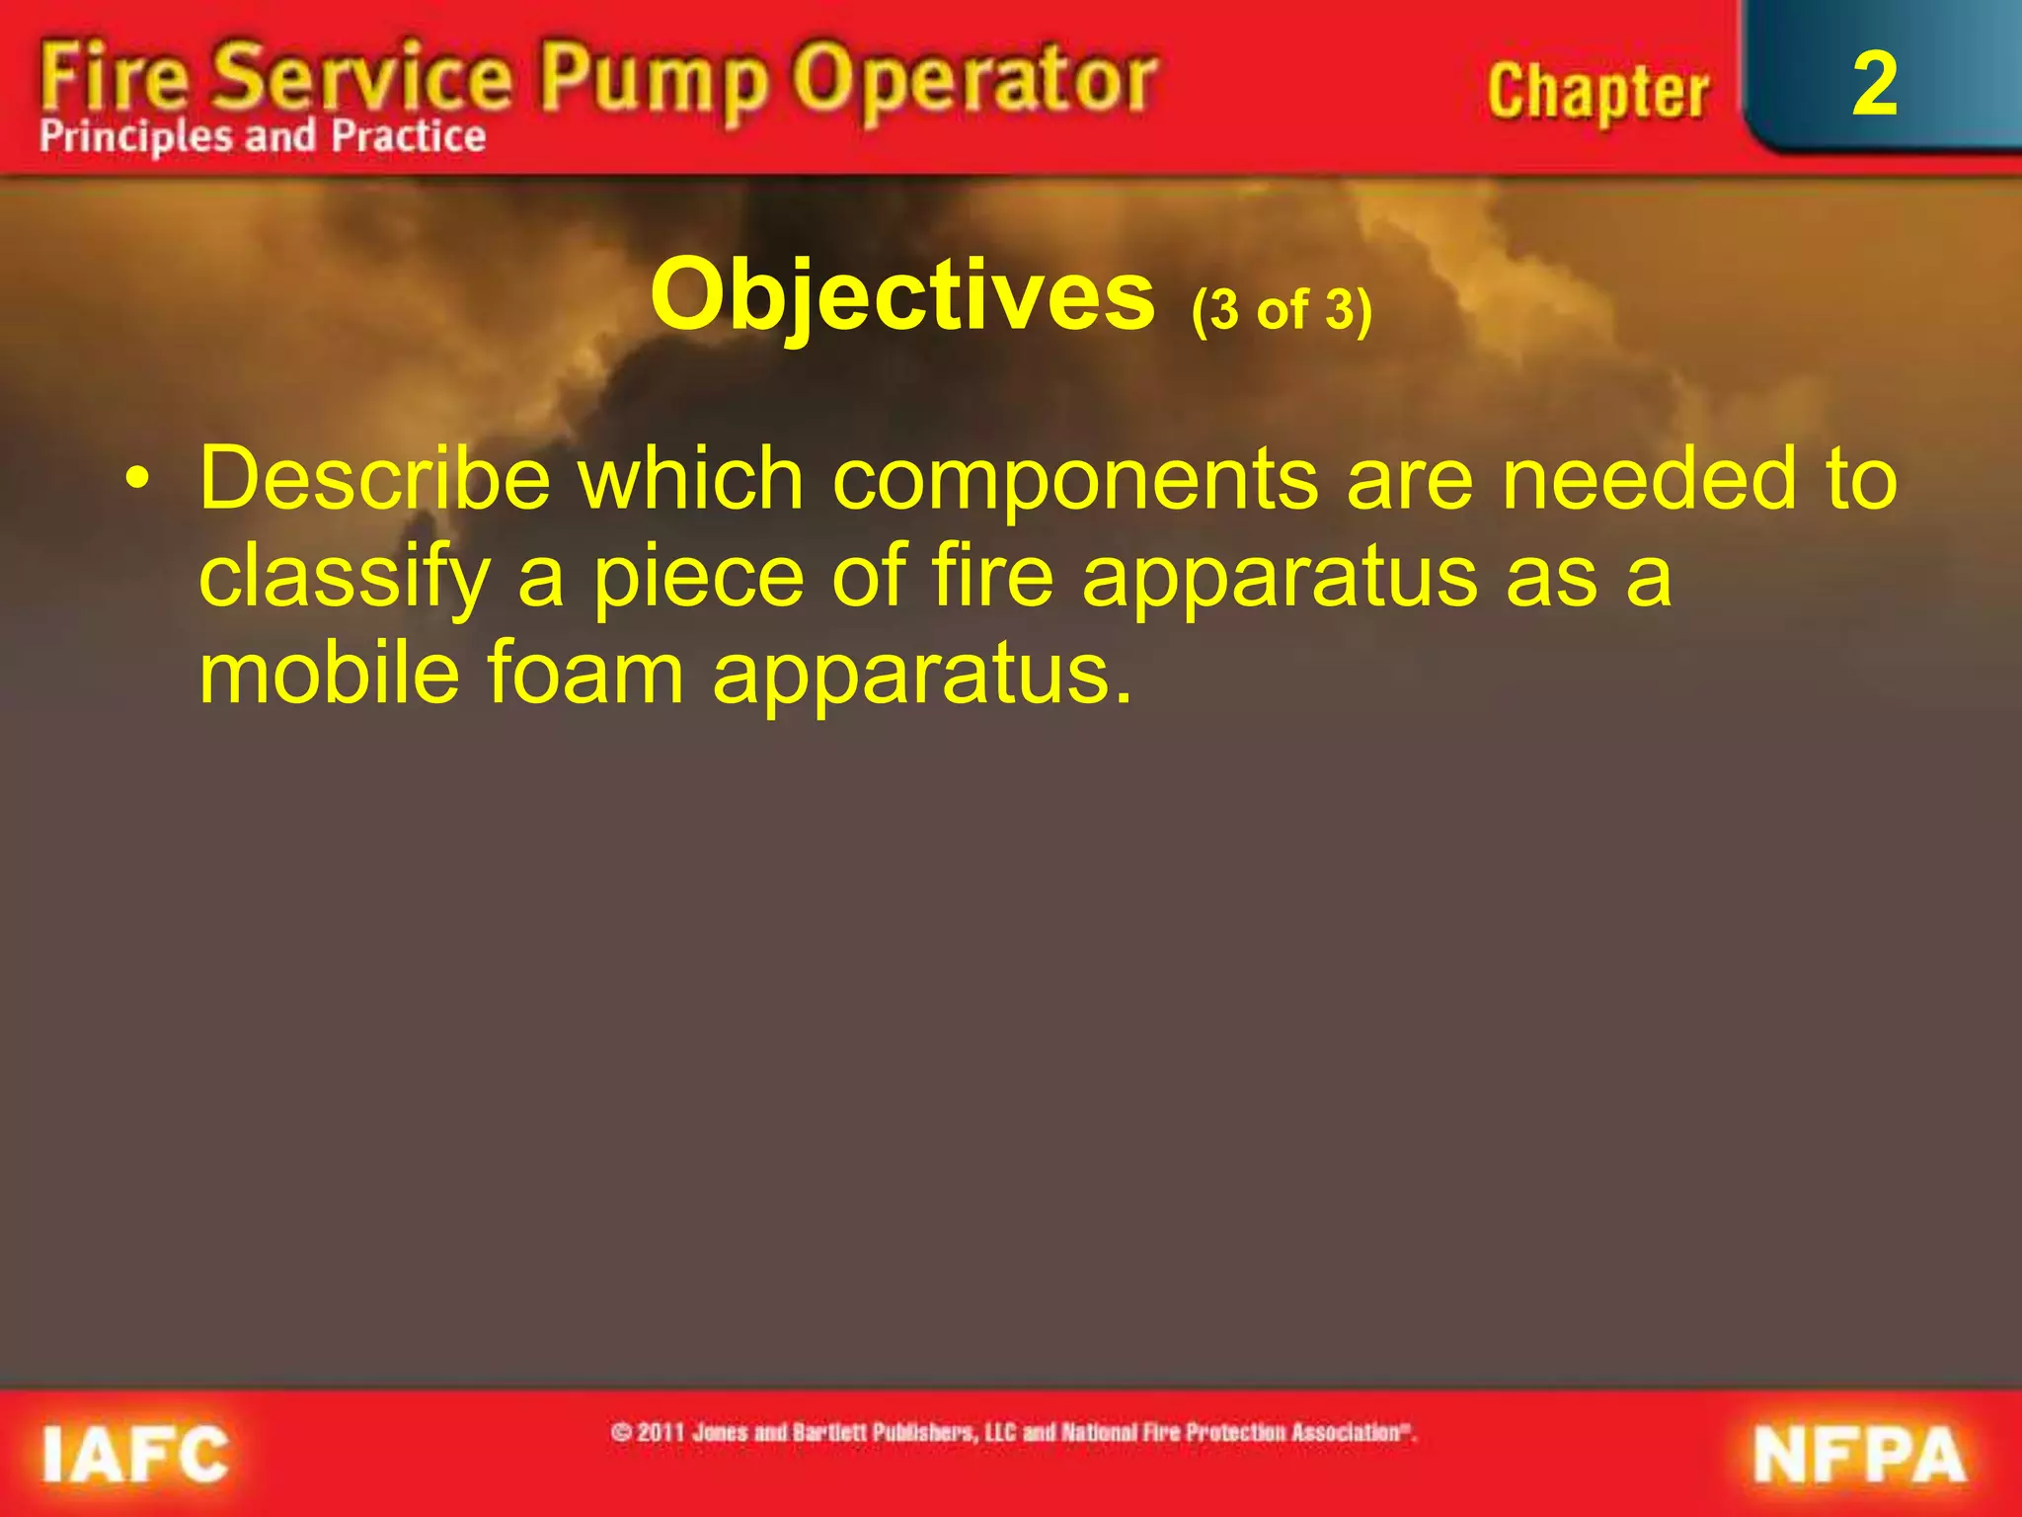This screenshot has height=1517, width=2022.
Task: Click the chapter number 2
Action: pos(1874,85)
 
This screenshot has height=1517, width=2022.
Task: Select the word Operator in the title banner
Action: pos(975,79)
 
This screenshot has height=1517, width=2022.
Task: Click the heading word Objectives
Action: pos(902,295)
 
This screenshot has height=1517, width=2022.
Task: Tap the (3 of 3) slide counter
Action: pos(1282,310)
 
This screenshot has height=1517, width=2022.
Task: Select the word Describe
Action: pos(374,478)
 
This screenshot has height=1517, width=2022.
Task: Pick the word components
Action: pos(1075,480)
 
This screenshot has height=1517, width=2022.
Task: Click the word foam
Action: pos(585,673)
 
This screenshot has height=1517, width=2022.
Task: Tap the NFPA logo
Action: pos(1858,1455)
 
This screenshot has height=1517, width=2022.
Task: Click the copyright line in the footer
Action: pos(1014,1432)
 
